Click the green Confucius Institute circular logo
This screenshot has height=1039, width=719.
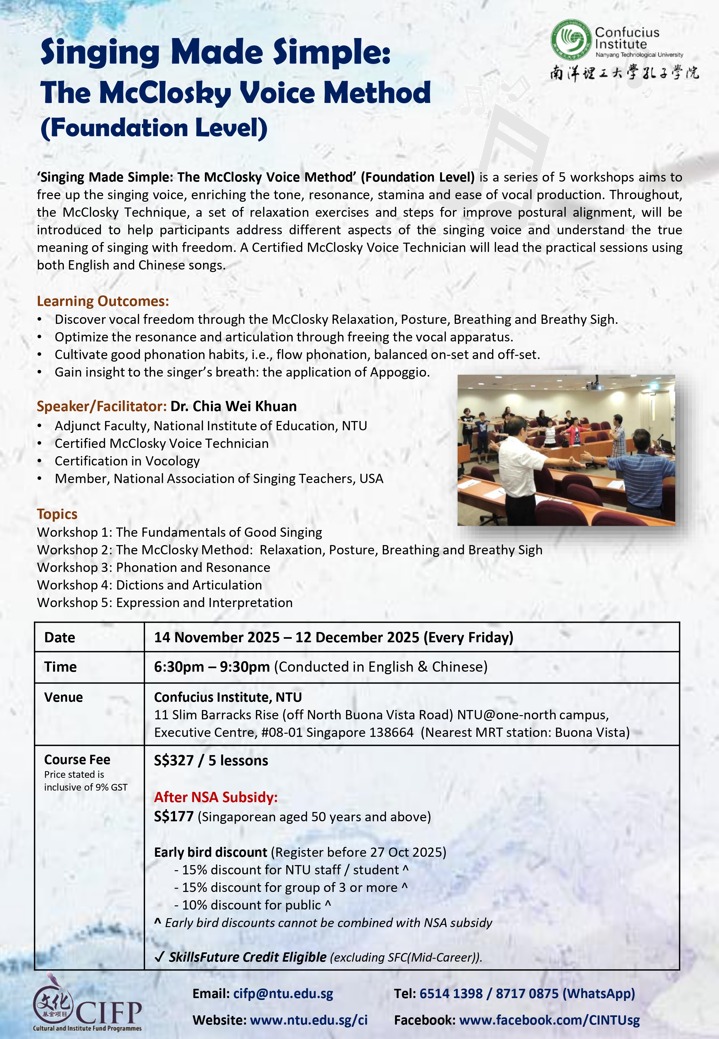[571, 40]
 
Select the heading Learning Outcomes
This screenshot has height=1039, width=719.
[103, 301]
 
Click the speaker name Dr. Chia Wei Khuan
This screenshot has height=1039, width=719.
[233, 406]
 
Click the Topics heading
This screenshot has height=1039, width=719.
[57, 514]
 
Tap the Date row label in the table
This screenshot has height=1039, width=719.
[59, 637]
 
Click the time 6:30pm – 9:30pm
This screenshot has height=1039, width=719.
[212, 667]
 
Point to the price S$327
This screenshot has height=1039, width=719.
[174, 761]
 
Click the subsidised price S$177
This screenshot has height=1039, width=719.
[174, 817]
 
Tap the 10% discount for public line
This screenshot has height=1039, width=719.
[252, 905]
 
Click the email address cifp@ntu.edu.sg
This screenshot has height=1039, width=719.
[283, 994]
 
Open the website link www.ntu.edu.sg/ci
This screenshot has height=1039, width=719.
[309, 1020]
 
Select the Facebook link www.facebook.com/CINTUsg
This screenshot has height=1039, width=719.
[549, 1020]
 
